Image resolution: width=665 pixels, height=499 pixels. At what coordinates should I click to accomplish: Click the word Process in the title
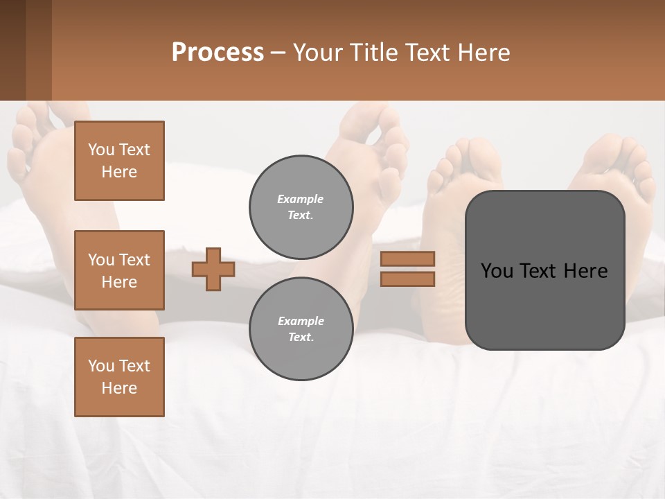218,53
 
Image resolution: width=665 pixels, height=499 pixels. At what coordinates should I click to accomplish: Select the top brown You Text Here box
119,161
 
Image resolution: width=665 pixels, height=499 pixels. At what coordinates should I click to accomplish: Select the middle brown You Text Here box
119,270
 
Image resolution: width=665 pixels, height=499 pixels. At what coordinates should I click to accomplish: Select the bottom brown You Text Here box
119,376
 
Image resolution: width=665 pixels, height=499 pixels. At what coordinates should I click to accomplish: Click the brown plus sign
213,269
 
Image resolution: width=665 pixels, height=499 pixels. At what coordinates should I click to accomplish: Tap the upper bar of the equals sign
407,259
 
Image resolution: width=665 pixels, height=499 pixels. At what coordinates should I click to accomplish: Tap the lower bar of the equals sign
407,279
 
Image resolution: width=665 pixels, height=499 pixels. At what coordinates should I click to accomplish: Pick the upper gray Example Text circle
301,207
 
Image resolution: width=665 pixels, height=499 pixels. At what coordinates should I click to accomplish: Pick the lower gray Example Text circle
301,329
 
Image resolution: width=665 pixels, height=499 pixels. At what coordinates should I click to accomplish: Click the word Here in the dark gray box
585,271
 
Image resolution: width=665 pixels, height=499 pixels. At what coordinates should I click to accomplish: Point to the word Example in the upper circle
301,199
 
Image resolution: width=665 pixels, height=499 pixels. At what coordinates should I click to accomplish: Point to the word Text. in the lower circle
301,337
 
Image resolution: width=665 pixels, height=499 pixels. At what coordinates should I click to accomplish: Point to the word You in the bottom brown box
101,366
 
